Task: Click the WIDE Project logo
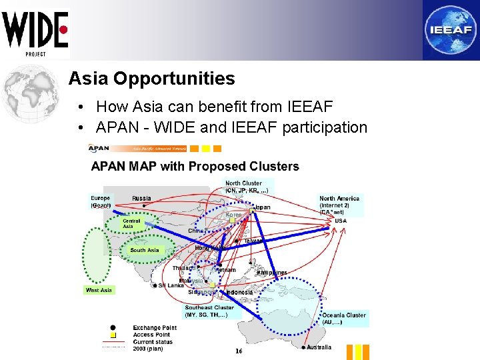35,32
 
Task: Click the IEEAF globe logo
450,30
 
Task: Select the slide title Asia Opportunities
151,79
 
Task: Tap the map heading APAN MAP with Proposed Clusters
195,167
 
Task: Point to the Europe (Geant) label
101,201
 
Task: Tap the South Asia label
145,250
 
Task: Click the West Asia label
99,290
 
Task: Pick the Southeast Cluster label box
209,311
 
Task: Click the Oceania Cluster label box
344,319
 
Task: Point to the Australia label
319,347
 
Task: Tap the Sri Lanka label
171,285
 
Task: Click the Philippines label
272,273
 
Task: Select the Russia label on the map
141,198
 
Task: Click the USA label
340,221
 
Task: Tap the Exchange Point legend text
155,328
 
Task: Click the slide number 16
238,351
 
